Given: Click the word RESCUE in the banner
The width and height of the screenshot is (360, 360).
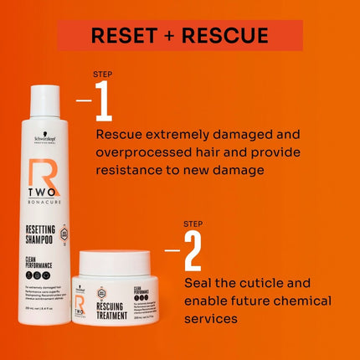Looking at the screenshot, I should [x=225, y=35].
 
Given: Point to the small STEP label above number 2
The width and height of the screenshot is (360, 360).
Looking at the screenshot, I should [x=193, y=224].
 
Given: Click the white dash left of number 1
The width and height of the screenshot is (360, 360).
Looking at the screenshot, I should [x=84, y=102].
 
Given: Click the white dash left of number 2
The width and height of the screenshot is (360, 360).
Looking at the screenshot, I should [x=172, y=249].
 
